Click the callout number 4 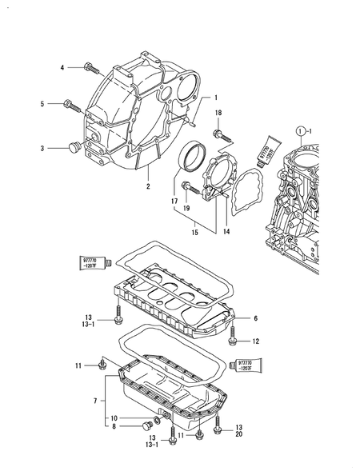pos(62,68)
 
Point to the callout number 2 pos(147,186)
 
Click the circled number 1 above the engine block pos(300,130)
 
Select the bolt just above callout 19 pos(186,188)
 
